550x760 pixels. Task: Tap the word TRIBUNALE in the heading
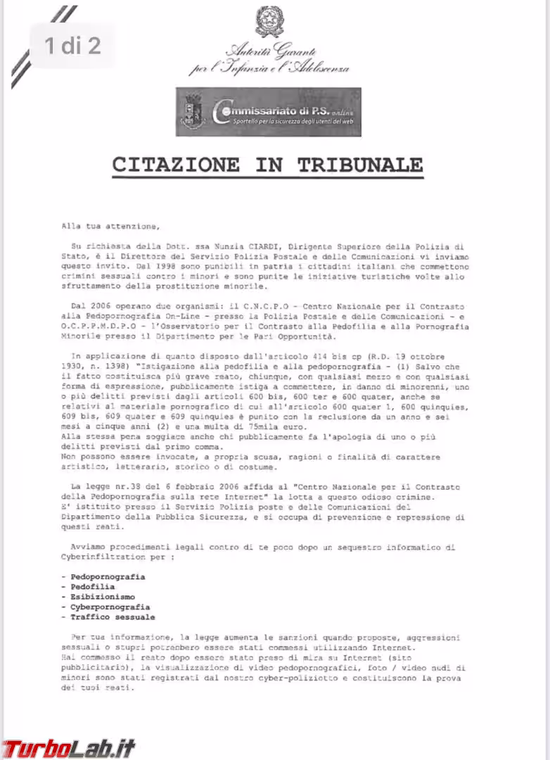click(x=359, y=165)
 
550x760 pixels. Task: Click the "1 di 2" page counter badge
click(x=72, y=46)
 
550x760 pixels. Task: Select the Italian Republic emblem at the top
click(x=269, y=20)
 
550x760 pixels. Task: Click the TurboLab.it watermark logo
click(x=68, y=747)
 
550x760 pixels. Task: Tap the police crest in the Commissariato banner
click(x=193, y=113)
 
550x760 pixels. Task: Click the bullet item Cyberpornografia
click(x=110, y=607)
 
